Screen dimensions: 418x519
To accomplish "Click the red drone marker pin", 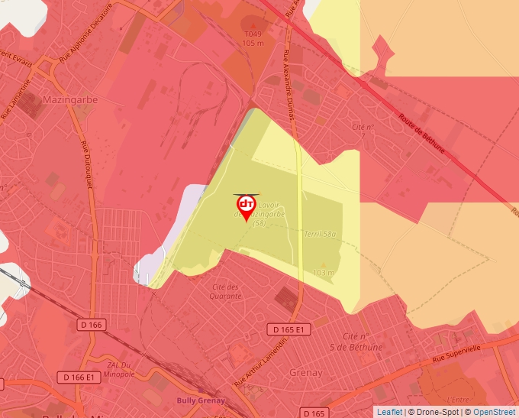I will point(247,206).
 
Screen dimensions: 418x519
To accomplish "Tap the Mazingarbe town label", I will point(68,99).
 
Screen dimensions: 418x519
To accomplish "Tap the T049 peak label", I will point(253,34).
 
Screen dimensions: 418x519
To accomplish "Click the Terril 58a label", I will point(320,234).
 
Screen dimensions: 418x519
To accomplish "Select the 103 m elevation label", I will point(324,273).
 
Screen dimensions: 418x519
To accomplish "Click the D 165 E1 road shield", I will point(291,329).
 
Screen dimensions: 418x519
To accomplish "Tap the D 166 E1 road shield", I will point(79,377).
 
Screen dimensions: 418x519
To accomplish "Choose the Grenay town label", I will point(306,373).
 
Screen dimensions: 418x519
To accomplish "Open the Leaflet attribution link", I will point(389,412).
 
